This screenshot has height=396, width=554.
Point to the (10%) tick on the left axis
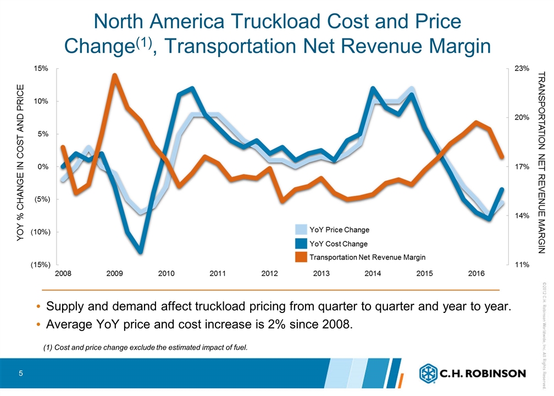pyautogui.click(x=40, y=232)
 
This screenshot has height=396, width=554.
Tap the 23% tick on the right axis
pyautogui.click(x=522, y=69)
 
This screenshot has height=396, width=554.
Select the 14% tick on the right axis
pyautogui.click(x=522, y=216)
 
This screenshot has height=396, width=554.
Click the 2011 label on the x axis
pyautogui.click(x=218, y=273)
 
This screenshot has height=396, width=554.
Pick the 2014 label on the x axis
pyautogui.click(x=373, y=273)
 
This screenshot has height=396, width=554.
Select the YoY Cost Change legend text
pyautogui.click(x=339, y=244)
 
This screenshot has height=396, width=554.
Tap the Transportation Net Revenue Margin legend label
pyautogui.click(x=367, y=257)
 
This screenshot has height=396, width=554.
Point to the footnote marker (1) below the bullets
pyautogui.click(x=48, y=346)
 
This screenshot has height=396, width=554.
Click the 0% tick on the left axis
pyautogui.click(x=44, y=167)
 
